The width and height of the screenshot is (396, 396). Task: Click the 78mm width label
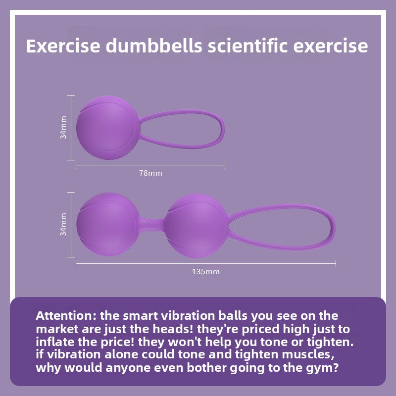click(x=150, y=173)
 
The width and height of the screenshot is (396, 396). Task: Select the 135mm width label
click(x=206, y=272)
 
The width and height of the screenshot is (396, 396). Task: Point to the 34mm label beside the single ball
click(x=63, y=127)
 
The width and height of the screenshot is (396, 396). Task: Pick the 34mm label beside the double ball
click(x=63, y=224)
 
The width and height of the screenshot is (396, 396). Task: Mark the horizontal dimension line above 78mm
click(x=150, y=164)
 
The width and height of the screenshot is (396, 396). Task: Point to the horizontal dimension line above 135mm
click(x=206, y=263)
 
